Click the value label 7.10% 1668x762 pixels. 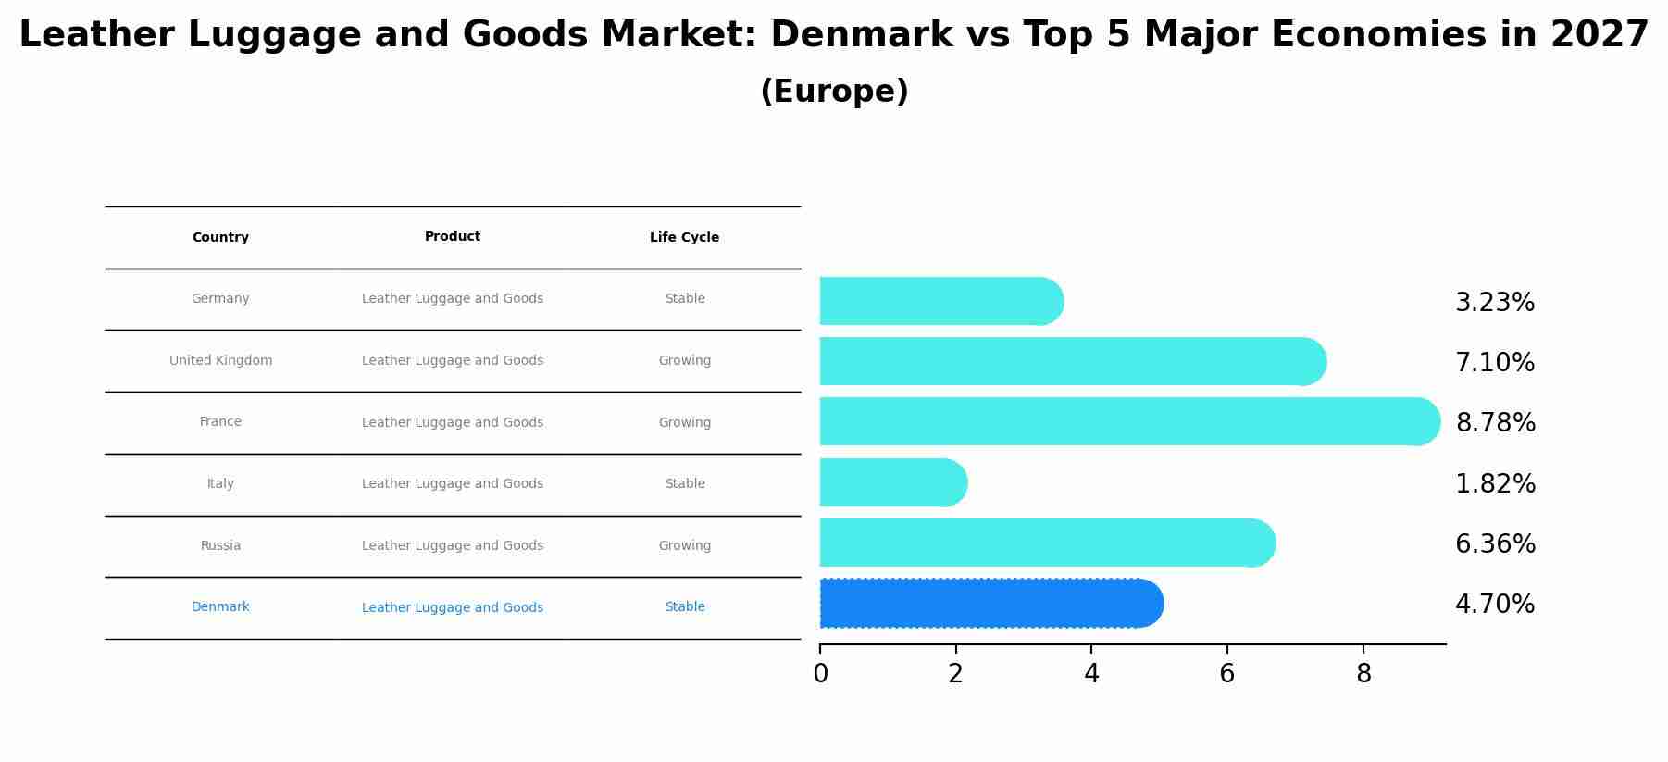(x=1494, y=362)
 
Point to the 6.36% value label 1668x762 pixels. (x=1494, y=543)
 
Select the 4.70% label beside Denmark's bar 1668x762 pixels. (x=1494, y=605)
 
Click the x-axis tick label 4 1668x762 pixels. (x=1091, y=674)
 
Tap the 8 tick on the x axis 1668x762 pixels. (x=1363, y=674)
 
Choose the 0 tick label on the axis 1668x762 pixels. (x=820, y=674)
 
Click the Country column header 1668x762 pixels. (x=220, y=238)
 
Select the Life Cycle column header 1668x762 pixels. (x=684, y=238)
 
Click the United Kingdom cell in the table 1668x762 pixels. (x=220, y=360)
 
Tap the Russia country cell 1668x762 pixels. (x=220, y=545)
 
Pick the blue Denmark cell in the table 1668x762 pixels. (x=220, y=607)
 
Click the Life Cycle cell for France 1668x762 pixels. (x=684, y=422)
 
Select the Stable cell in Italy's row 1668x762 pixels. (x=684, y=483)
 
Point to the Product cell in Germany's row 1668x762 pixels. (x=452, y=298)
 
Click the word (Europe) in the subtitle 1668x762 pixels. (x=834, y=92)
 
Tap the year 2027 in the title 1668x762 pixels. (x=1599, y=35)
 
